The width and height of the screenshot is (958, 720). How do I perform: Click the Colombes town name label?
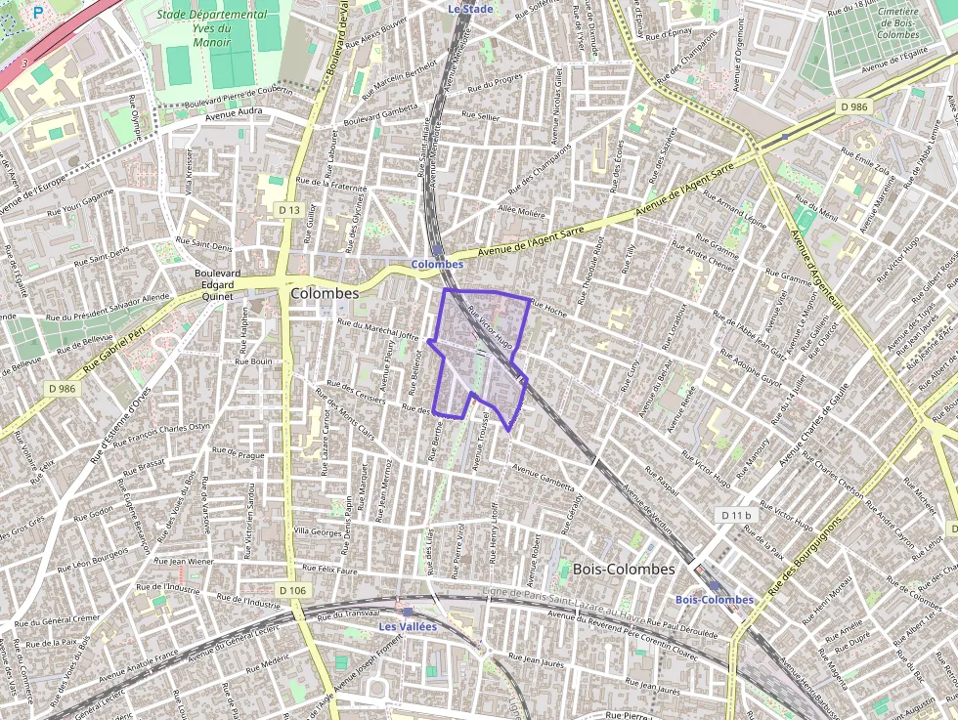click(325, 293)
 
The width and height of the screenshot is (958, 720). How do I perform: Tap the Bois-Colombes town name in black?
click(624, 569)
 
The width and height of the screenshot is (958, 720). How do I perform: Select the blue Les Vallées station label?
click(408, 626)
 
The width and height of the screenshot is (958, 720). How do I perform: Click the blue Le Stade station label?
click(470, 9)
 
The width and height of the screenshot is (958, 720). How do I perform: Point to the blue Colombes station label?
click(437, 265)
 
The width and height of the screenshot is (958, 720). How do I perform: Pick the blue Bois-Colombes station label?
click(715, 600)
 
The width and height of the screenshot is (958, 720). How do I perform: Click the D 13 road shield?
click(288, 210)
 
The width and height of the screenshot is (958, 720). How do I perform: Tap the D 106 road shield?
click(292, 590)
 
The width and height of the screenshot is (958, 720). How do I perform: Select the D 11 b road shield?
click(735, 515)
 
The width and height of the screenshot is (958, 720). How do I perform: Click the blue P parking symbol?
click(38, 13)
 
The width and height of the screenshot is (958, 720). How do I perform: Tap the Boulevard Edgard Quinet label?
click(217, 284)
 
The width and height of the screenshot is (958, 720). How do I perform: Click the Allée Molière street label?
click(522, 211)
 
